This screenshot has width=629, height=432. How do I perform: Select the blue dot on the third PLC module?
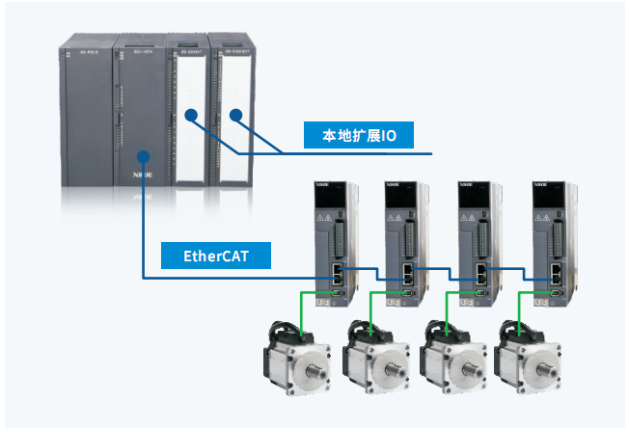pyautogui.click(x=191, y=115)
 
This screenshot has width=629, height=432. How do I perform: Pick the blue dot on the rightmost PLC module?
pyautogui.click(x=232, y=115)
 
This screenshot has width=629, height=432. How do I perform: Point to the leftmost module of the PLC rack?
pyautogui.click(x=86, y=116)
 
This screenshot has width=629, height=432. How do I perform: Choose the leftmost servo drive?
pyautogui.click(x=331, y=241)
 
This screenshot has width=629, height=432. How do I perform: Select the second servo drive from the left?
pyautogui.click(x=404, y=241)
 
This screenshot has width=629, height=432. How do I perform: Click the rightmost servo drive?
pyautogui.click(x=552, y=241)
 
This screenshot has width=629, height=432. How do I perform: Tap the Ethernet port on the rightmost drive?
pyautogui.click(x=556, y=272)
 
